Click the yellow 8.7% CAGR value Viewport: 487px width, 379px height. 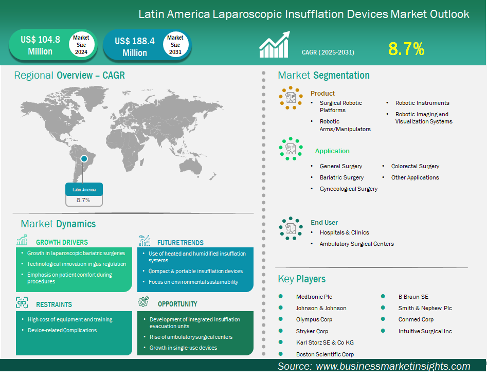click(406, 49)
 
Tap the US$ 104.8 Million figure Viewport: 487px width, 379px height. click(40, 45)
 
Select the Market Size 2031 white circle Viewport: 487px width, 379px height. click(175, 45)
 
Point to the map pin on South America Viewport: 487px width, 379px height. click(84, 159)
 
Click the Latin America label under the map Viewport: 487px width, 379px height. click(84, 190)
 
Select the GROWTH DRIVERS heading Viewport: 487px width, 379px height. click(62, 242)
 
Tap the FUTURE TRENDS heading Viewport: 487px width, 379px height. click(180, 243)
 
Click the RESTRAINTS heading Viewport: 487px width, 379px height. click(53, 304)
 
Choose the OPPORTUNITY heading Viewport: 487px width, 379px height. click(177, 304)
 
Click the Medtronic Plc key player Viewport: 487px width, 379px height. click(314, 297)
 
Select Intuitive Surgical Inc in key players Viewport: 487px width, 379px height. click(425, 331)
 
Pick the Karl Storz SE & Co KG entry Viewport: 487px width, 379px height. click(324, 342)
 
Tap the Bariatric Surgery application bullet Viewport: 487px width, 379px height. click(341, 177)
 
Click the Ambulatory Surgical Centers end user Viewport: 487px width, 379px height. click(356, 244)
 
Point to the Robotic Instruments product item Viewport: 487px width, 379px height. click(422, 103)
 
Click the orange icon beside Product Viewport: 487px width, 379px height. click(291, 97)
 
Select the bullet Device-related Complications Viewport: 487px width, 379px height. click(62, 330)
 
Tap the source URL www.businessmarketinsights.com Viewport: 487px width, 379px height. click(393, 366)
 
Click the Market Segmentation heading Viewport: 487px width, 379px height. click(323, 76)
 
